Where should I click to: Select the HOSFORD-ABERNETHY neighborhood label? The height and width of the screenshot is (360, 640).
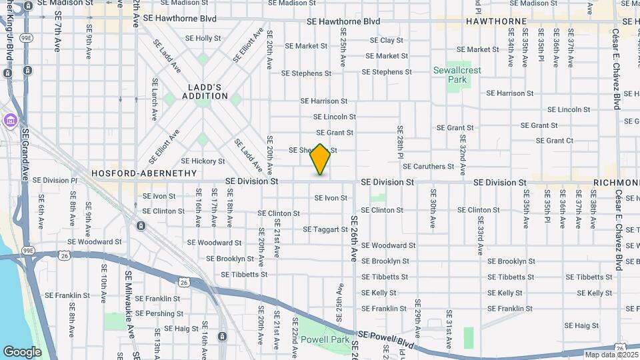tap(145, 173)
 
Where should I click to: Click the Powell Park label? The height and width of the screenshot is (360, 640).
tap(325, 339)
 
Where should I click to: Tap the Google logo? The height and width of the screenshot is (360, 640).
tap(22, 351)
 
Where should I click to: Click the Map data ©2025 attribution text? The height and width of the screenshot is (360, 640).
tap(611, 355)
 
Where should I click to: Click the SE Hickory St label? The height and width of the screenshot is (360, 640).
tap(203, 161)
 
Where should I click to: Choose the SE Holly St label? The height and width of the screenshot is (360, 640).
tap(203, 39)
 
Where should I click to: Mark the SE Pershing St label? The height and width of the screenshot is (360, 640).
tap(159, 313)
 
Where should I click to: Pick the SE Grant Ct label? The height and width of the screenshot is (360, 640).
tap(555, 141)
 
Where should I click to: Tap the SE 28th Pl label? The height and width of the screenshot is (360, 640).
tap(401, 141)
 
